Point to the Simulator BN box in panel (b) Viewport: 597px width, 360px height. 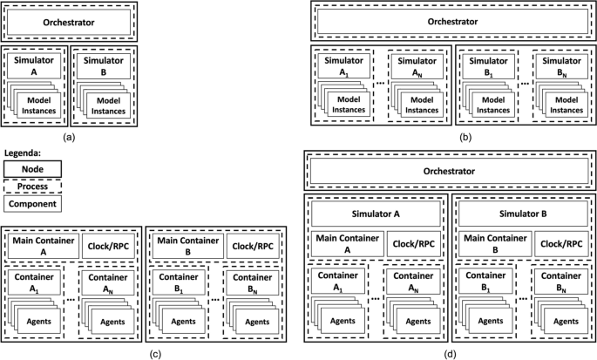[x=557, y=68]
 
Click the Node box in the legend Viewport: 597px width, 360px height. [x=31, y=169]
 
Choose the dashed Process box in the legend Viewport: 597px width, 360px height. [x=31, y=187]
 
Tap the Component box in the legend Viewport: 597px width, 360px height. [x=31, y=204]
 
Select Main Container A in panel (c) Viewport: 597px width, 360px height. [x=41, y=246]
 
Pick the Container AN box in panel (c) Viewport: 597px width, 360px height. [x=109, y=284]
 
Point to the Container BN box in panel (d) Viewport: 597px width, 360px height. [x=557, y=284]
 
